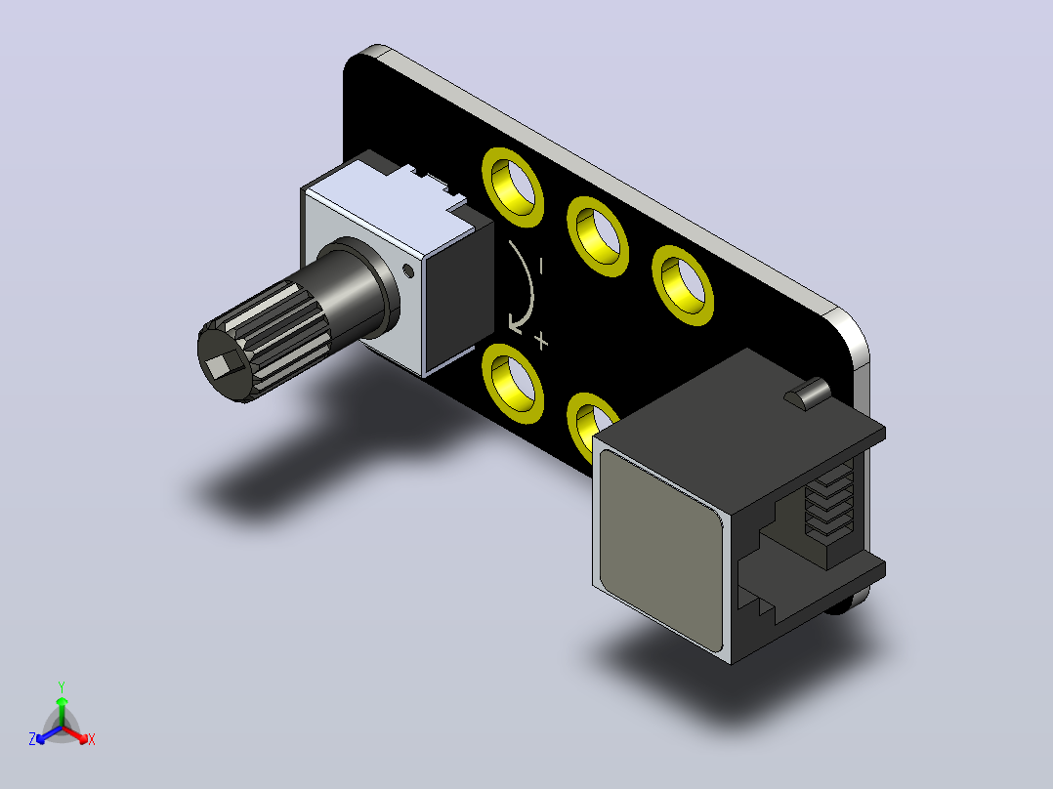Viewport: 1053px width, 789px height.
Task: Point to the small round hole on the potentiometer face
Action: click(x=407, y=270)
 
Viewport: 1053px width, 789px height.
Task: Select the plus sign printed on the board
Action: click(x=541, y=341)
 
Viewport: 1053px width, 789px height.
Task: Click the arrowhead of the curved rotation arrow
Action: click(x=517, y=323)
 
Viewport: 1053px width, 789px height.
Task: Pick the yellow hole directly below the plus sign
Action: click(x=513, y=383)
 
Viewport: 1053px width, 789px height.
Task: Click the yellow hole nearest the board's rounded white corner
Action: click(x=682, y=285)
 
